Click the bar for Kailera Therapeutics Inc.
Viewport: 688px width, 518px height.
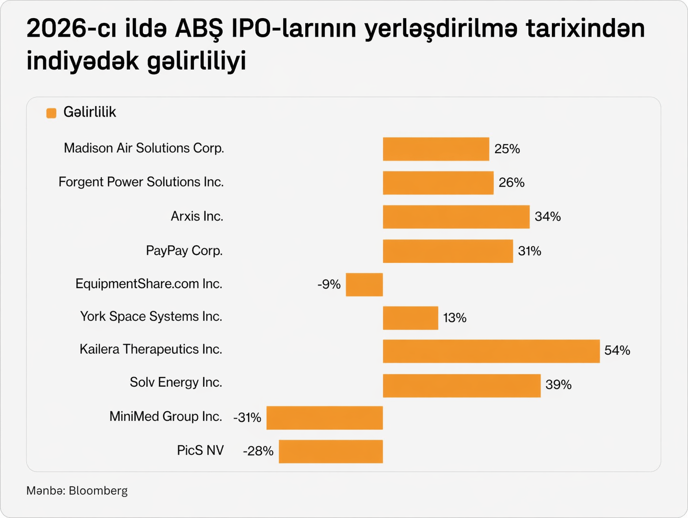[x=491, y=351]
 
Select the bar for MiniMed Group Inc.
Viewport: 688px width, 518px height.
[x=324, y=418]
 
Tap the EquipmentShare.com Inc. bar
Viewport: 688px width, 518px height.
[x=364, y=285]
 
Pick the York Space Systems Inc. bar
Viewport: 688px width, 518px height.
[x=410, y=318]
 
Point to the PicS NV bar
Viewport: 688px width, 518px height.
[x=330, y=451]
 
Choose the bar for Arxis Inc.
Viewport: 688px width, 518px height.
[x=456, y=217]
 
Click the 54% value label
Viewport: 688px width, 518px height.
[x=617, y=351]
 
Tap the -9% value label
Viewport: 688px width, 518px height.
[x=329, y=285]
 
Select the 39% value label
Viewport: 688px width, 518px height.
[x=558, y=385]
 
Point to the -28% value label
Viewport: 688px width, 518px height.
[x=258, y=451]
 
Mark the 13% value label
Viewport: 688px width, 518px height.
[x=455, y=318]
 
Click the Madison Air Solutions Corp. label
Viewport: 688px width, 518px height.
[x=144, y=149]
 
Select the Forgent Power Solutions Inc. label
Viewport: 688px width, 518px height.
[x=141, y=182]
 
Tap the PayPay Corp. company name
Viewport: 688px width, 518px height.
[x=184, y=251]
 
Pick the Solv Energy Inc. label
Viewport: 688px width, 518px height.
[x=176, y=383]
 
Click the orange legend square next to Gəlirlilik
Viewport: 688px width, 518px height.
[x=51, y=113]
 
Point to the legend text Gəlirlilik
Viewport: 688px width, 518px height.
[x=90, y=112]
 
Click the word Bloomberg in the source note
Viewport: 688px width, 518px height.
[x=98, y=491]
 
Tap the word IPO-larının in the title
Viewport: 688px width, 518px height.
[x=293, y=30]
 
